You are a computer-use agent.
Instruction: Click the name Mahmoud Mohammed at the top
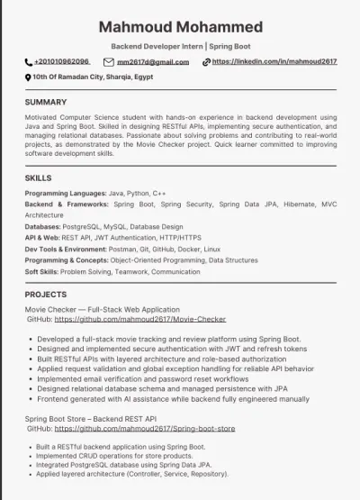click(180, 26)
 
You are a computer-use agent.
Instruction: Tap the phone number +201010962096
click(62, 61)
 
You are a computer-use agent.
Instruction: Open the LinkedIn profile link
click(274, 61)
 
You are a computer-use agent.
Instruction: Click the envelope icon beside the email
click(109, 62)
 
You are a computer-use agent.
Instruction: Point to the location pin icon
click(28, 78)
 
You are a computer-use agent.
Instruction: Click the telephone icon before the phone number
click(28, 62)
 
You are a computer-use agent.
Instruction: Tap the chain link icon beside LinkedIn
click(206, 62)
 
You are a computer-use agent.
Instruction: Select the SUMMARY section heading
click(46, 102)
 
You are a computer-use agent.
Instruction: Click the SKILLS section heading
click(40, 178)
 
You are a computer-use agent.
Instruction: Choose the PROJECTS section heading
click(46, 295)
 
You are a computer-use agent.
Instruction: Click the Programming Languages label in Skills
click(65, 194)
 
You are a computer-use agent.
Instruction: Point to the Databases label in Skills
click(42, 226)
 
